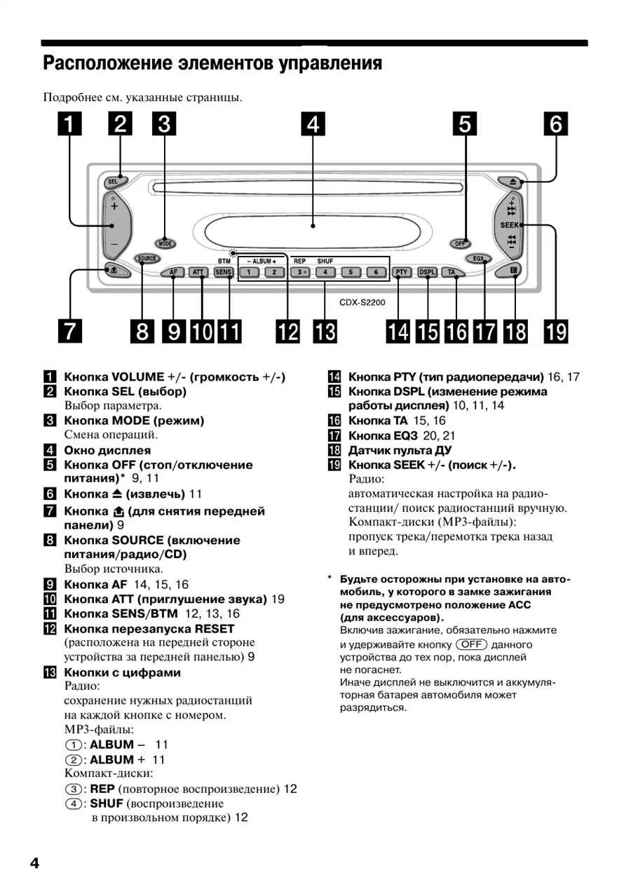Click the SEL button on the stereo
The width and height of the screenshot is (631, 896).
pyautogui.click(x=113, y=182)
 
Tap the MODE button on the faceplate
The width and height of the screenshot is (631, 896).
pyautogui.click(x=165, y=244)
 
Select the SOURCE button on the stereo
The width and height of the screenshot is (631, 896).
pyautogui.click(x=147, y=258)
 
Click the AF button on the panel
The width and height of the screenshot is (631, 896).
pyautogui.click(x=172, y=272)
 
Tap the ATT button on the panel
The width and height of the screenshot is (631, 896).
pyautogui.click(x=199, y=272)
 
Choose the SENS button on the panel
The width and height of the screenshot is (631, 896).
pyautogui.click(x=224, y=272)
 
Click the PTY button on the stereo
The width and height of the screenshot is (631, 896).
pyautogui.click(x=401, y=272)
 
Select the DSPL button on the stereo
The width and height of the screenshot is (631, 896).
pyautogui.click(x=427, y=272)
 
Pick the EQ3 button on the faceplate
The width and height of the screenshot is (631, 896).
pyautogui.click(x=480, y=258)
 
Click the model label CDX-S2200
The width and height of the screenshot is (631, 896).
pyautogui.click(x=362, y=303)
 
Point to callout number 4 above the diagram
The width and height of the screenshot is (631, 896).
pyautogui.click(x=313, y=124)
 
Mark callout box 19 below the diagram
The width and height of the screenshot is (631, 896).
pyautogui.click(x=556, y=330)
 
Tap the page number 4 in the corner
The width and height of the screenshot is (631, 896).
pyautogui.click(x=34, y=862)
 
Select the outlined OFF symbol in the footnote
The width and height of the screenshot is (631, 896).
pyautogui.click(x=471, y=644)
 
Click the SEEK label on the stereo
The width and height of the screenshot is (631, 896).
pyautogui.click(x=510, y=225)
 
